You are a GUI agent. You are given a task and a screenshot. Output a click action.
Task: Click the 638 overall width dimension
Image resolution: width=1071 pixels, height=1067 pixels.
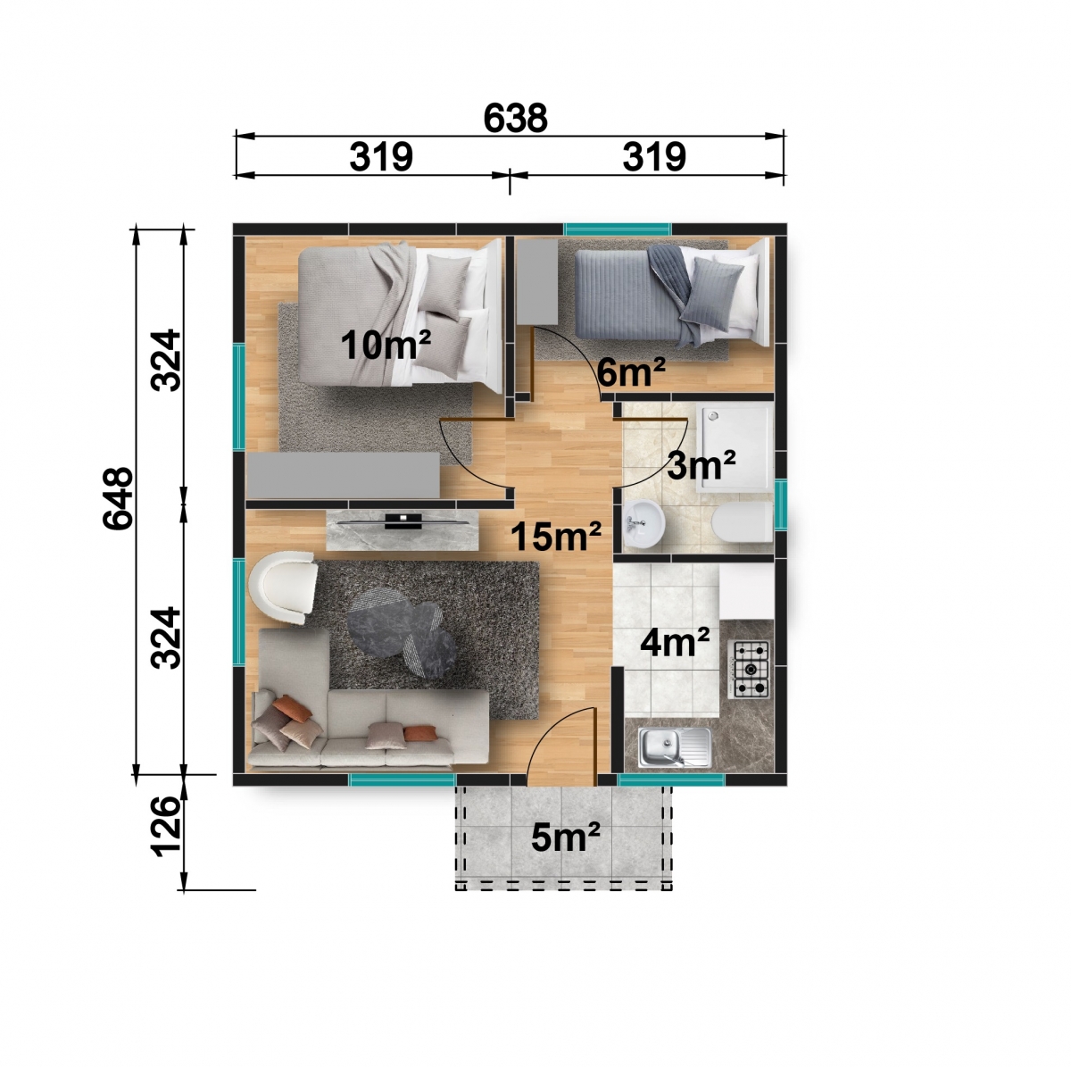515,118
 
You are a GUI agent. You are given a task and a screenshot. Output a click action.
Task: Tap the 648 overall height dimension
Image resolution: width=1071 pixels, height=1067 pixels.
118,498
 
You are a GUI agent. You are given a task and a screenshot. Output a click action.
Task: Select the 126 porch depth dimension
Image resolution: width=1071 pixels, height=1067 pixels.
166,826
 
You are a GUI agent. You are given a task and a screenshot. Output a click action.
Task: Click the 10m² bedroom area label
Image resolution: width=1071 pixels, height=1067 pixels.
386,345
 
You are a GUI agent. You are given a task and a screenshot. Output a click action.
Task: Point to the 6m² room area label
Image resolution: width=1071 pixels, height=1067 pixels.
631,371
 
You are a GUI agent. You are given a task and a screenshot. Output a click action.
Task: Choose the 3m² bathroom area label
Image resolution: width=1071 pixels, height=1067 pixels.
702,465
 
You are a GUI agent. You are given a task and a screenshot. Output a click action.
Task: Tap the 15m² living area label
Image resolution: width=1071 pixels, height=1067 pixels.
556,536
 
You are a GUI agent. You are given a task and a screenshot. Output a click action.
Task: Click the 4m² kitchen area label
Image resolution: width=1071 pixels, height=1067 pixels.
675,643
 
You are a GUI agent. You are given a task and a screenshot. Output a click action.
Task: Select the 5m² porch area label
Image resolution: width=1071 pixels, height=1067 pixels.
565,837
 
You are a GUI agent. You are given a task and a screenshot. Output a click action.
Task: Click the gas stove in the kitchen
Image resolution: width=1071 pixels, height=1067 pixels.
749,670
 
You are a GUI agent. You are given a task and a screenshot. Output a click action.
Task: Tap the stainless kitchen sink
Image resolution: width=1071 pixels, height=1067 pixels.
674,747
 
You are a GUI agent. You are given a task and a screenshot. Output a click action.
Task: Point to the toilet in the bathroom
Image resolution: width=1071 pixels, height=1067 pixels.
742,522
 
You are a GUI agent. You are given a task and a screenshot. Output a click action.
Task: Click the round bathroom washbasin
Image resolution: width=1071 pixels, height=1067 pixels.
644,523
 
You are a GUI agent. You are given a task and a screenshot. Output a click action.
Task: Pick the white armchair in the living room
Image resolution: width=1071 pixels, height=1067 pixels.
284,588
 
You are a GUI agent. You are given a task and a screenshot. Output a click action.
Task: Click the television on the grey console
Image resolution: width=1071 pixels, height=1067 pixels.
404,521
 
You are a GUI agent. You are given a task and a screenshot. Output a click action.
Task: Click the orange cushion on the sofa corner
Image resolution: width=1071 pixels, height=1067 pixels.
293,708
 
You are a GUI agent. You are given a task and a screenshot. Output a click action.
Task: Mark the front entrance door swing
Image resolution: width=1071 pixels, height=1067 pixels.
561,739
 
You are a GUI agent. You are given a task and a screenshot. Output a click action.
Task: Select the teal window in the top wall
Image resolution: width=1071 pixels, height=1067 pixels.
618,229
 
